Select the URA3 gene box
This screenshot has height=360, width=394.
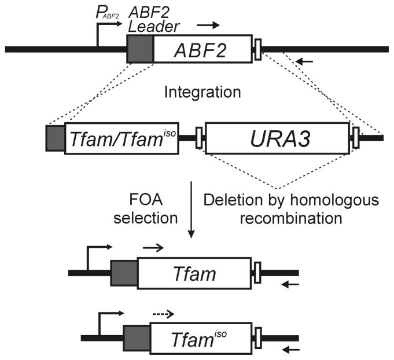(277, 138)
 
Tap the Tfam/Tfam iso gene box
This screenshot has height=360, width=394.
(121, 138)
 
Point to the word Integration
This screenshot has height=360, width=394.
(196, 93)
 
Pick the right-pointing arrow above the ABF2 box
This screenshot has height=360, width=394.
(208, 25)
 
